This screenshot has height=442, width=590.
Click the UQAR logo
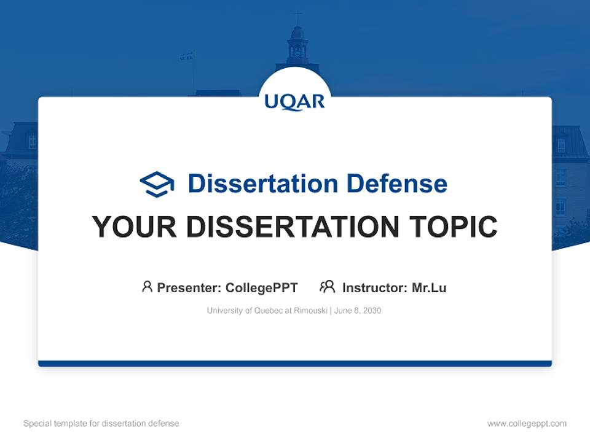294,101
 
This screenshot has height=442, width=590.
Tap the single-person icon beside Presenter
147,287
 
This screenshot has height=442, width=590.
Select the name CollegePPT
262,287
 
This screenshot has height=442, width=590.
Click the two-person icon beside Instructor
328,287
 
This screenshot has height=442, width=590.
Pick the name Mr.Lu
429,287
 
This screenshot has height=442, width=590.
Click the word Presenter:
189,287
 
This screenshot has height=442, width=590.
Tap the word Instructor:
375,287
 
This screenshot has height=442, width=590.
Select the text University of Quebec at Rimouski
267,311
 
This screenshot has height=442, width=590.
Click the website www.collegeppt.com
527,424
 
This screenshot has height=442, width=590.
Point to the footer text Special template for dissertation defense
101,424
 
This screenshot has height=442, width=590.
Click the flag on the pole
187,56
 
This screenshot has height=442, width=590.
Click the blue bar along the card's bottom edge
294,363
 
